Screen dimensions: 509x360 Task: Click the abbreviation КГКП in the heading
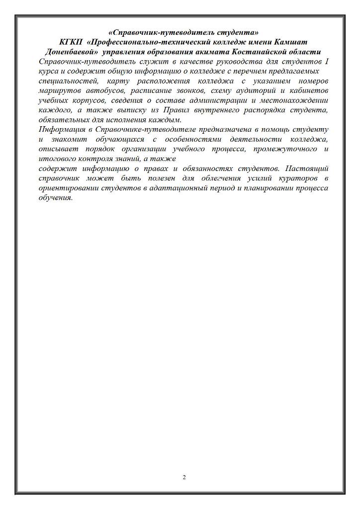[x=70, y=42]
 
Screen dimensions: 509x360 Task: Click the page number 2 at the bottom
[x=184, y=477]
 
